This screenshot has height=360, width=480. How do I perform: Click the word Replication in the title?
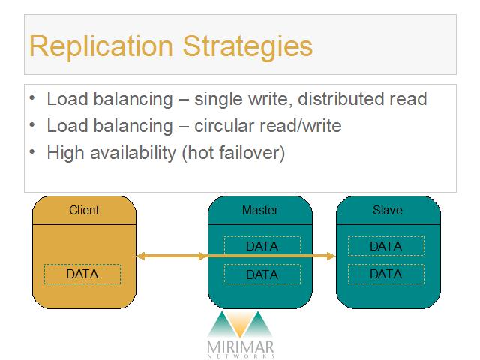point(101,46)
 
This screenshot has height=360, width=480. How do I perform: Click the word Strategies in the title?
point(247,46)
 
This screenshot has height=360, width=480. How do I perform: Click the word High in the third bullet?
point(65,153)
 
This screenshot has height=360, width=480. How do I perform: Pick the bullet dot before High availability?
point(32,151)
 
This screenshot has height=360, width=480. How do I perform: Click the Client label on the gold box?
point(84,210)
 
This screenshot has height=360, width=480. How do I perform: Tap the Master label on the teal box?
point(260,210)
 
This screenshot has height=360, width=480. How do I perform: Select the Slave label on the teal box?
point(388,210)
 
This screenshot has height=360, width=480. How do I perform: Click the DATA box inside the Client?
point(82,274)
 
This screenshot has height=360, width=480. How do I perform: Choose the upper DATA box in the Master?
point(262,246)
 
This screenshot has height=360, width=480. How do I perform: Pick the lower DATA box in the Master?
point(262,274)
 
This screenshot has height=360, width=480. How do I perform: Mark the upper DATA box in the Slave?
point(386,246)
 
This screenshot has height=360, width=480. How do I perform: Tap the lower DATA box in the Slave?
point(386,274)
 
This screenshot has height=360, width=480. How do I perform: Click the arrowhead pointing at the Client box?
point(140,256)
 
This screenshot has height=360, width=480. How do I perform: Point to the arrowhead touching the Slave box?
point(331,256)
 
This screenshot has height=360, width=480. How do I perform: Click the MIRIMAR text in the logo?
point(240,346)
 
